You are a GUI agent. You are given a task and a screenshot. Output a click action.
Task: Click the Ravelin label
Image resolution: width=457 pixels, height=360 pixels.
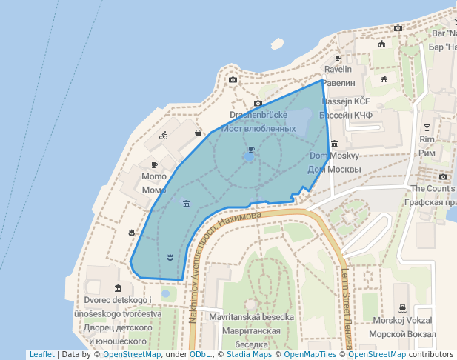pyautogui.click(x=338, y=69)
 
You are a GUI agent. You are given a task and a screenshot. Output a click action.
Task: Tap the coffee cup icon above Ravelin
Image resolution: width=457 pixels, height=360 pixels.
pyautogui.click(x=338, y=57)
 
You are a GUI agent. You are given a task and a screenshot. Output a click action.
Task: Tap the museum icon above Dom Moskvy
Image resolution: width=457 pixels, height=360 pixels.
pyautogui.click(x=335, y=144)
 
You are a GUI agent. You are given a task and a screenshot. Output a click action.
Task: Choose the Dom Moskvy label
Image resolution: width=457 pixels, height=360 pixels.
pyautogui.click(x=334, y=156)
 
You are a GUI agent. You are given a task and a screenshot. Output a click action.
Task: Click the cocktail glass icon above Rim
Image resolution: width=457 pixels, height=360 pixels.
pyautogui.click(x=426, y=127)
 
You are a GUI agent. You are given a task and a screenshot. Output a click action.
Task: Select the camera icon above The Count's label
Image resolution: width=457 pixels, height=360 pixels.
pyautogui.click(x=443, y=176)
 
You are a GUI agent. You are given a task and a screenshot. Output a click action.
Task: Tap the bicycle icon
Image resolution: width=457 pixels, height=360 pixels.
pyautogui.click(x=164, y=136)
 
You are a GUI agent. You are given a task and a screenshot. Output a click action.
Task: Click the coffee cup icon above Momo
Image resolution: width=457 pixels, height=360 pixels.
pyautogui.click(x=154, y=164)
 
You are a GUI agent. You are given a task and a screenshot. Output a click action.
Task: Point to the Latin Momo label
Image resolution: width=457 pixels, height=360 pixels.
pyautogui.click(x=154, y=177)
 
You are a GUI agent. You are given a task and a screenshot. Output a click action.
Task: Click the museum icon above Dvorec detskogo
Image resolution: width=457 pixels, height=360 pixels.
pyautogui.click(x=118, y=287)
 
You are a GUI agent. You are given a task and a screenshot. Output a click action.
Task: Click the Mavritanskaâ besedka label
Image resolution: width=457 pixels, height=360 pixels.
pyautogui.click(x=252, y=317)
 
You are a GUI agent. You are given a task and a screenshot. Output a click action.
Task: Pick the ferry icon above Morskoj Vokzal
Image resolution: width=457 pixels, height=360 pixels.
pyautogui.click(x=401, y=307)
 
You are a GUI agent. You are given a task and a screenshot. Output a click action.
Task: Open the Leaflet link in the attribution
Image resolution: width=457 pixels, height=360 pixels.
pyautogui.click(x=41, y=354)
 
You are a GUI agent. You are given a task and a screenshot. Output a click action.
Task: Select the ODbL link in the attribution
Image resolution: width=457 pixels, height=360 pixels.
pyautogui.click(x=201, y=354)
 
